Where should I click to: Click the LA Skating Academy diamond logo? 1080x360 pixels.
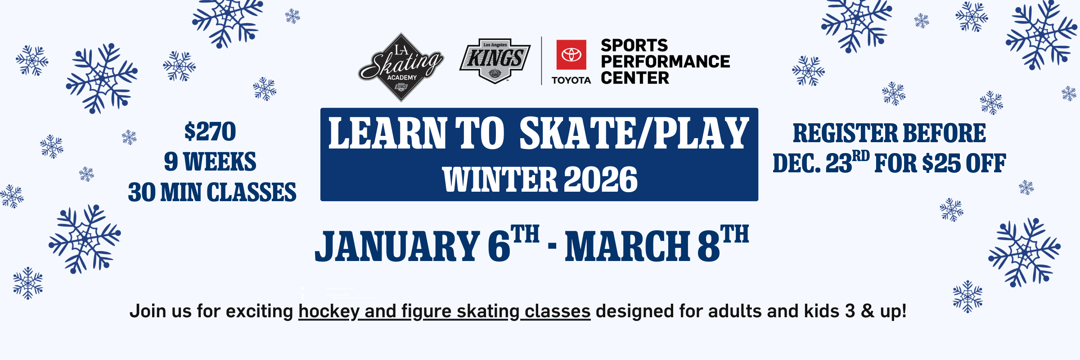(x=401, y=67)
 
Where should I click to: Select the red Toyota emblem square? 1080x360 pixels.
(x=571, y=55)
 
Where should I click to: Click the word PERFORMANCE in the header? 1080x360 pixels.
(x=665, y=62)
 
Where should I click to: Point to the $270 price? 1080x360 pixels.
(x=210, y=131)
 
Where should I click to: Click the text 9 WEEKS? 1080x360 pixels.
(x=210, y=162)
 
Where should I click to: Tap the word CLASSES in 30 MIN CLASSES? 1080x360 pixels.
(x=252, y=193)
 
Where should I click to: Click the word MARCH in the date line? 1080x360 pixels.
(x=627, y=246)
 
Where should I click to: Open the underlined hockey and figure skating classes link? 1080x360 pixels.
(x=444, y=311)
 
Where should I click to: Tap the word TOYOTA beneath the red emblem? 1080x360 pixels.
(x=571, y=80)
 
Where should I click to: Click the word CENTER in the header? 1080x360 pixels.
(x=635, y=78)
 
